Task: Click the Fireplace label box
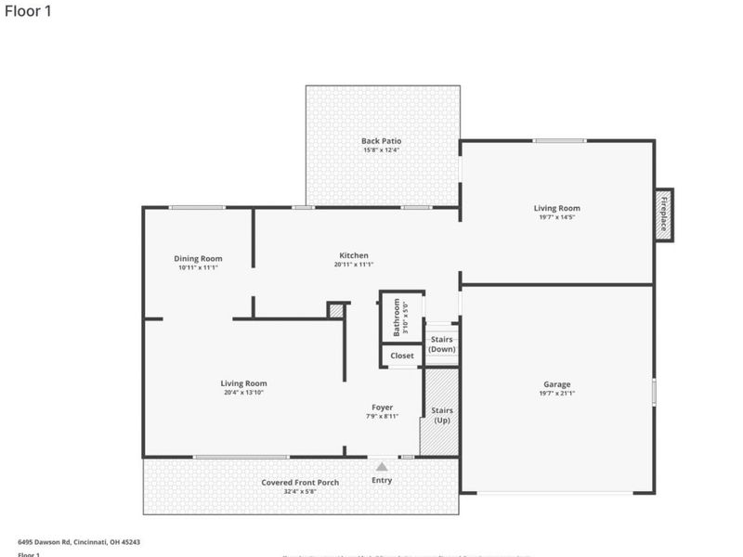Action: point(664,215)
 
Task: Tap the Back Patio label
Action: point(382,141)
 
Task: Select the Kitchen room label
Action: point(354,255)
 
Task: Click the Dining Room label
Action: point(198,259)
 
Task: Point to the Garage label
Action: point(557,384)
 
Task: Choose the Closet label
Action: point(402,356)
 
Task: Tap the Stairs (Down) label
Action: point(442,344)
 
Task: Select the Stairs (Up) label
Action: point(442,415)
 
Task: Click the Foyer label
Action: point(383,408)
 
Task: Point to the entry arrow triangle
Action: point(382,467)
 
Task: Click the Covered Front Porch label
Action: point(300,483)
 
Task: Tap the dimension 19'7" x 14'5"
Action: point(556,218)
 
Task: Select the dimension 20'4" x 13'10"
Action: point(243,393)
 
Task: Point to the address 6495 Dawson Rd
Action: point(79,541)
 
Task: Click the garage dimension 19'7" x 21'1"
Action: point(557,394)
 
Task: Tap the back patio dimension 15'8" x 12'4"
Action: point(382,150)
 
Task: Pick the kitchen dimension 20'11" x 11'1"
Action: point(354,265)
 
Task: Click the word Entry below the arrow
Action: point(382,480)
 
